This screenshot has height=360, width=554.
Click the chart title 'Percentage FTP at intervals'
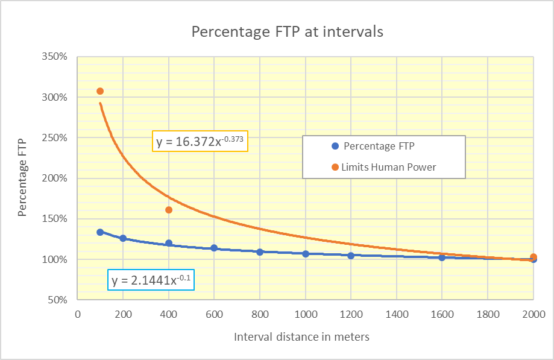[x=287, y=32]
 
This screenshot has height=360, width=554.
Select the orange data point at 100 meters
[x=100, y=91]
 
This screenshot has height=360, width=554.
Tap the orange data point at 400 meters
[x=169, y=210]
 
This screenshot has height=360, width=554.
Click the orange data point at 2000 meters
[x=534, y=257]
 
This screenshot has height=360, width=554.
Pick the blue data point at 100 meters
[x=100, y=232]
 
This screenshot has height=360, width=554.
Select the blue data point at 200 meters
[x=123, y=238]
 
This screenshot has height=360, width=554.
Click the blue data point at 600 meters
[x=214, y=248]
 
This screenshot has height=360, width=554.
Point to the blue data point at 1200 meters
[x=351, y=256]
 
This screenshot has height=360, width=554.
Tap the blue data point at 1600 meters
[x=442, y=257]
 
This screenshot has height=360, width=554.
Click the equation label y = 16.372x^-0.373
[x=199, y=142]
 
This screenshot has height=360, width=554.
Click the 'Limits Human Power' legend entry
[x=388, y=167]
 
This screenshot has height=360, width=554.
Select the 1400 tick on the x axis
[x=396, y=314]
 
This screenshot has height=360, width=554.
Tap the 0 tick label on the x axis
[x=78, y=314]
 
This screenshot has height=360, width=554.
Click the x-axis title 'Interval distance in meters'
[x=301, y=337]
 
